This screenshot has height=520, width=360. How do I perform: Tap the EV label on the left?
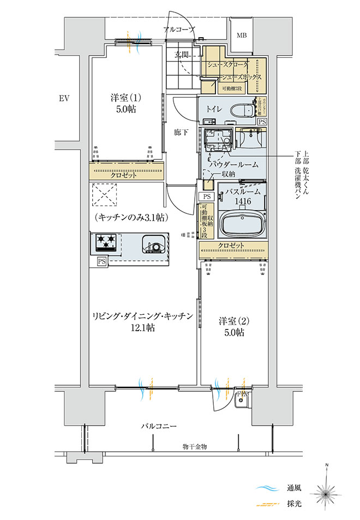[x=64, y=99]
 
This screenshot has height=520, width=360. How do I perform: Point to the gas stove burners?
[x=107, y=242]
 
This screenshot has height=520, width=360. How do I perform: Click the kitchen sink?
[x=153, y=243]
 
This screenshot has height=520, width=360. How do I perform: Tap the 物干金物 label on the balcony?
[x=195, y=447]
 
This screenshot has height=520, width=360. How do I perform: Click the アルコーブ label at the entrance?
[x=178, y=29]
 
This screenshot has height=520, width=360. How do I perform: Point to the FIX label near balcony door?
[x=242, y=394]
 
